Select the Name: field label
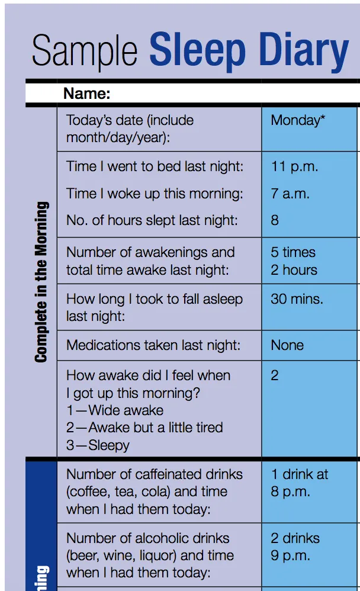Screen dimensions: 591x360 (x=87, y=93)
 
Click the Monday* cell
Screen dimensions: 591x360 (x=298, y=120)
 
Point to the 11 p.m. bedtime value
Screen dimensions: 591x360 (x=294, y=166)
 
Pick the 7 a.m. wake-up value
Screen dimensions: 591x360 (x=290, y=194)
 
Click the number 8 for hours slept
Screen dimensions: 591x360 (x=275, y=220)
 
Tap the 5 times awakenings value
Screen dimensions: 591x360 (x=293, y=252)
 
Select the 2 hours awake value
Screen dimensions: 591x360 (x=294, y=270)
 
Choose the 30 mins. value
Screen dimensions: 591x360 (x=297, y=299)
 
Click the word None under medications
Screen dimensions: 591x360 (x=287, y=345)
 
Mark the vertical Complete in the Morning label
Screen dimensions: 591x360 (x=41, y=281)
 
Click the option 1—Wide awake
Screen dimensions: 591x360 (x=115, y=410)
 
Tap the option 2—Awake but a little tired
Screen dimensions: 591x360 (x=144, y=428)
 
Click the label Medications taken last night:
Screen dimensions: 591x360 (x=153, y=345)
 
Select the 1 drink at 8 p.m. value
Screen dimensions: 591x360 (x=299, y=483)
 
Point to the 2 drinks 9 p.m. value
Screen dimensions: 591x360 (x=295, y=547)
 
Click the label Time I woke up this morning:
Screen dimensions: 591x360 (x=155, y=194)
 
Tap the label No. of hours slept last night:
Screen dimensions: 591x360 (x=152, y=220)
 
